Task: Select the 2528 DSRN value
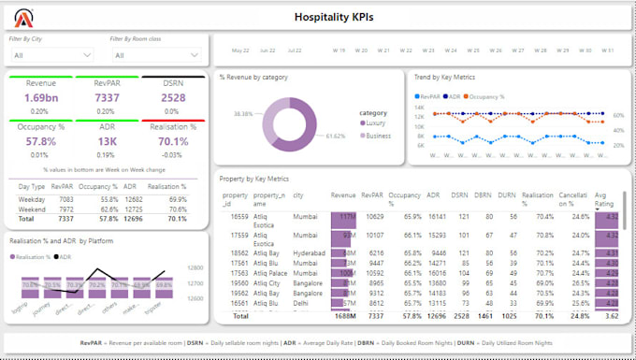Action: click(173, 97)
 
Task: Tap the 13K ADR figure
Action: click(106, 141)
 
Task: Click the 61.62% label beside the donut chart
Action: click(335, 136)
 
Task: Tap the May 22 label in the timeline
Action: click(240, 50)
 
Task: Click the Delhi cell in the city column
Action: click(301, 303)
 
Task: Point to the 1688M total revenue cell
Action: click(344, 316)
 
